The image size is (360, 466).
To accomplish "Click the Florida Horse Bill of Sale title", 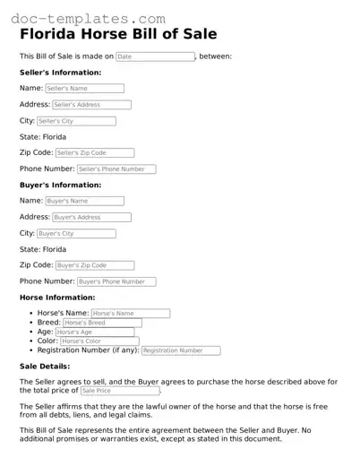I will point(118,35).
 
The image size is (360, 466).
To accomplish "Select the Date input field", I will point(155,56).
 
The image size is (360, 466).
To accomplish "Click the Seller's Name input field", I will point(84,89).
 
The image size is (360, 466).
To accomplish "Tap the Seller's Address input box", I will point(91,105).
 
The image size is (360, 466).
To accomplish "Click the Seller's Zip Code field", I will point(94,153).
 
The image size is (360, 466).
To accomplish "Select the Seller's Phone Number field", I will point(116,169).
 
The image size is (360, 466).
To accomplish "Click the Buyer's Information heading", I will point(60,185).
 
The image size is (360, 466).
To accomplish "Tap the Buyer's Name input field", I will point(84,201).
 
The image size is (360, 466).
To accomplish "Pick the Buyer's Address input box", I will point(91,217).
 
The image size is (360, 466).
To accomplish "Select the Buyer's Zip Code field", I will point(94,265).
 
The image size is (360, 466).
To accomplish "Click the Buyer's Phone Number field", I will point(116,281).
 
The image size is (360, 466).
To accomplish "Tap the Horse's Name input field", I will point(130,314).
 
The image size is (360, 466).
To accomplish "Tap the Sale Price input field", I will point(119,391).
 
